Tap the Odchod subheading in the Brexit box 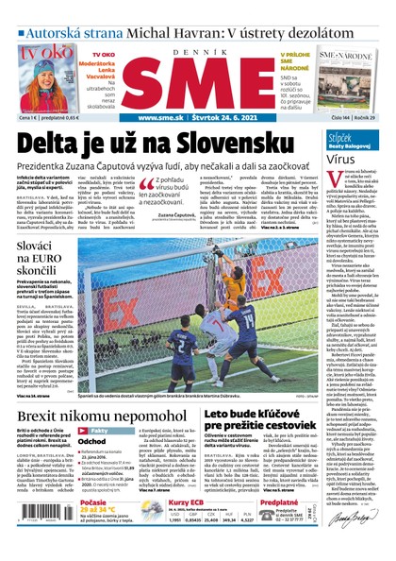pyautogui.click(x=92, y=442)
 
